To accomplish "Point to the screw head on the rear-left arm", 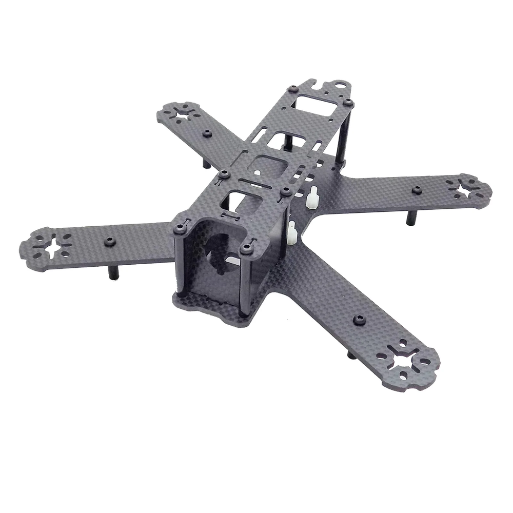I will click(207, 133).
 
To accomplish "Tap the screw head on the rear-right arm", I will click(416, 190).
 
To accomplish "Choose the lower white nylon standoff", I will click(293, 233).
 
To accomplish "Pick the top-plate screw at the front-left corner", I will click(179, 227).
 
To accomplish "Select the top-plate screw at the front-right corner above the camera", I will click(248, 249).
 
